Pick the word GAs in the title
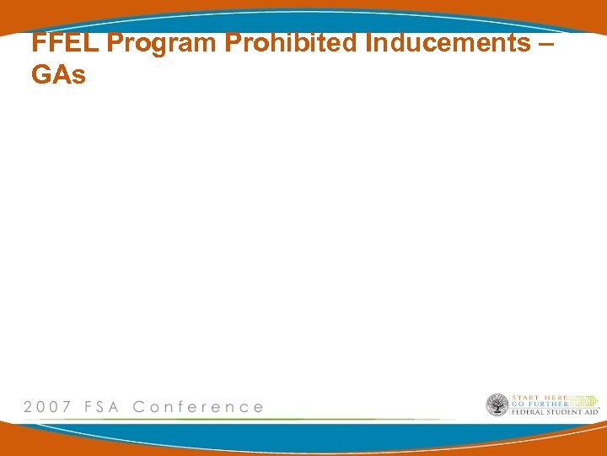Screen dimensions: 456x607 tap(58, 75)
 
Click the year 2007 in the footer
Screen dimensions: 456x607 tap(47, 407)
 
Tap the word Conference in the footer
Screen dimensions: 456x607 tap(198, 407)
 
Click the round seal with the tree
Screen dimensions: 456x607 tap(497, 405)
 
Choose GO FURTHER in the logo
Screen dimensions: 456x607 tap(539, 404)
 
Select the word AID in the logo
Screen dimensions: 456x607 tap(592, 412)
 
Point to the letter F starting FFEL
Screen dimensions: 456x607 tap(38, 43)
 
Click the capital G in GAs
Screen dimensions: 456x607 tap(41, 75)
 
